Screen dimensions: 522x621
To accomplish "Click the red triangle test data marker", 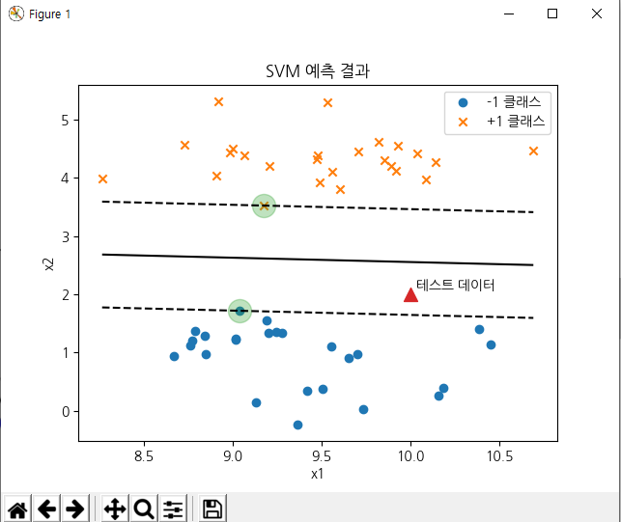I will [x=410, y=294].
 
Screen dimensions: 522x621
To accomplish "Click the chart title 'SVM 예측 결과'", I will [x=318, y=71].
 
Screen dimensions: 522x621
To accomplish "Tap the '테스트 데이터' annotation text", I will [x=455, y=285].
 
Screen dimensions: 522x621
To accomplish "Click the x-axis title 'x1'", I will [x=318, y=474].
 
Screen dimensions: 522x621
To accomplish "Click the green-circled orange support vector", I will [x=264, y=206].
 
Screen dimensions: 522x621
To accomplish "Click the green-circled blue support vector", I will [x=240, y=311].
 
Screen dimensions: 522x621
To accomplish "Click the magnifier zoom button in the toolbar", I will [x=144, y=508].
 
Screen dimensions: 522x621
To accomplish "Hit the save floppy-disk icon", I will [x=212, y=508].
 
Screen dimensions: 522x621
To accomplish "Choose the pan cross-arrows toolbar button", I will [x=114, y=508].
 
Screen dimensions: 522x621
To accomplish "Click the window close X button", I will [x=597, y=14].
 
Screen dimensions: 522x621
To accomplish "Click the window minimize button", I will [x=507, y=14].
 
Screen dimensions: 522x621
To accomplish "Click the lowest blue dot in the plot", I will [x=297, y=425].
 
